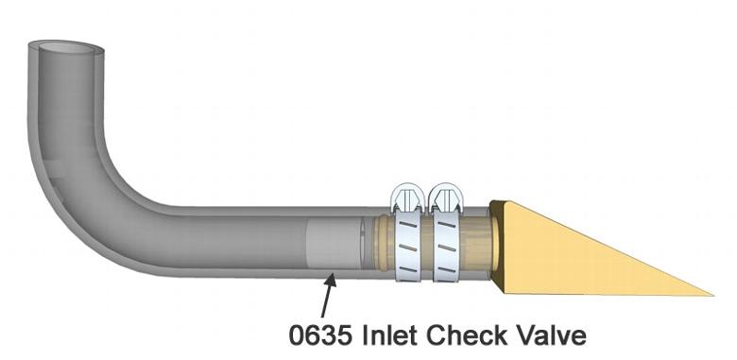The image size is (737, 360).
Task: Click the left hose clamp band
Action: click(x=407, y=247)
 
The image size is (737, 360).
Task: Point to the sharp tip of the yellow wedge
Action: click(x=710, y=293)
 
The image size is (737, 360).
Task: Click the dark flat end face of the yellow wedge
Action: click(x=500, y=246)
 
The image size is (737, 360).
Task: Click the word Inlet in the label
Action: click(x=392, y=334)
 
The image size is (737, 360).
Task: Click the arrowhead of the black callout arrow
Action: click(x=330, y=275)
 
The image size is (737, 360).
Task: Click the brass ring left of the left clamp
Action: click(x=382, y=245)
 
